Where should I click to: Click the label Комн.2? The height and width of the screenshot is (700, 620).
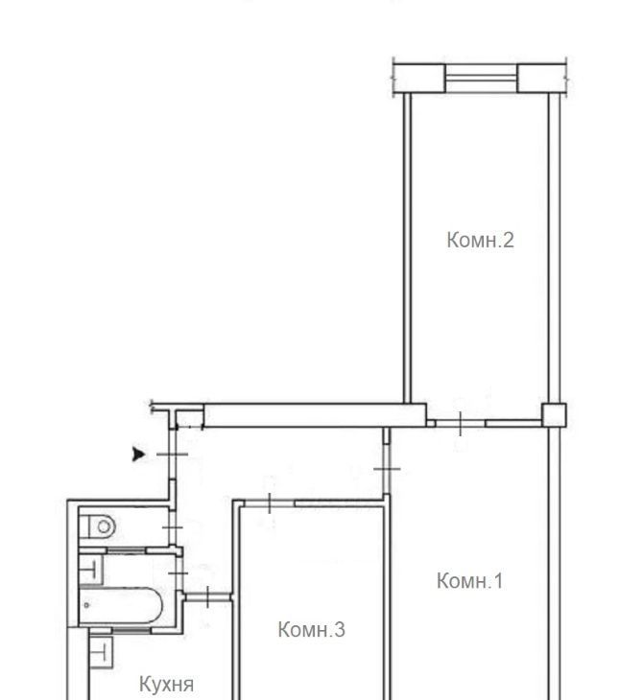coord(480,240)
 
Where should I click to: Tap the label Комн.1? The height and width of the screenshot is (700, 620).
coord(470,580)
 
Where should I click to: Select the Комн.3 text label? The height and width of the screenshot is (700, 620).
coord(311,629)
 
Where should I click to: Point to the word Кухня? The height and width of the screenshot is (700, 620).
coord(167,684)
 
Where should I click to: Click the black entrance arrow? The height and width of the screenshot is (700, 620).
coord(138,454)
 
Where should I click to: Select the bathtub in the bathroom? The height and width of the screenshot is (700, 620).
coord(121,606)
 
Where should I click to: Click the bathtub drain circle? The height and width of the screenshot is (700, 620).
coord(86,605)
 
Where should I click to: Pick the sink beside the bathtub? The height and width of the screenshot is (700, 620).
coord(91,570)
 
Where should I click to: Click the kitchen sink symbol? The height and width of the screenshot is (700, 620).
coord(101,652)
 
